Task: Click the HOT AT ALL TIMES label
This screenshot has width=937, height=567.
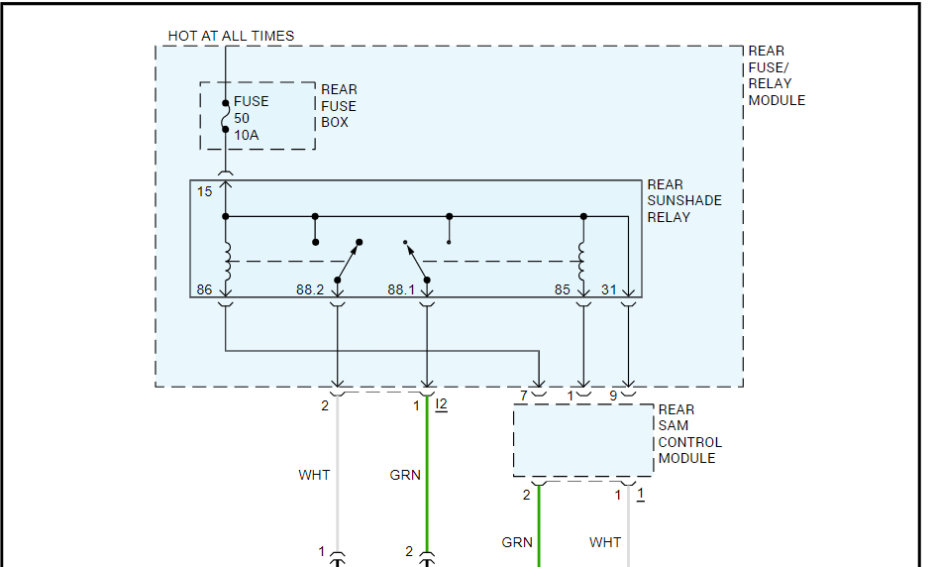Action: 231,36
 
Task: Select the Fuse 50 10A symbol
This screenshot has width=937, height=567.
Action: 226,116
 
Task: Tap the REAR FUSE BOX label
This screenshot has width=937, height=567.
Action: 339,106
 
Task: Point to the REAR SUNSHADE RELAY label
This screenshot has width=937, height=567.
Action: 684,200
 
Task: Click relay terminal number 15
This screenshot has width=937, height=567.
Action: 204,191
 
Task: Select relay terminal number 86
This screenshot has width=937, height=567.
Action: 204,290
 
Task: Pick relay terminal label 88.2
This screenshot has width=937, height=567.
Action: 309,290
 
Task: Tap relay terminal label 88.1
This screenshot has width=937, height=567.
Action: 400,290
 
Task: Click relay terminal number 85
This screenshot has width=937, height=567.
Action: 562,290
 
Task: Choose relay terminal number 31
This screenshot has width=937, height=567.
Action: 608,290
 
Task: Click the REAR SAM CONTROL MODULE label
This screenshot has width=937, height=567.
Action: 689,434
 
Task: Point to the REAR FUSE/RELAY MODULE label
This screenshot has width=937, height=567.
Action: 777,75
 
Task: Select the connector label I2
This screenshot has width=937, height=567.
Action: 441,404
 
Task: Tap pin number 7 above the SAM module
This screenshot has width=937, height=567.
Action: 523,397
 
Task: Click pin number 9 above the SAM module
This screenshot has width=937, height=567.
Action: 613,397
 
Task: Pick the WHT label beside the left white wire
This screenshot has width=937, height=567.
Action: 314,475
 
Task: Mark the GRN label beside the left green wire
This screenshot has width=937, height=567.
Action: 405,475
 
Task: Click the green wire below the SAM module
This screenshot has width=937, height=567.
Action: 540,525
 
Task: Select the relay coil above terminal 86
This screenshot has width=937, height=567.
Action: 226,260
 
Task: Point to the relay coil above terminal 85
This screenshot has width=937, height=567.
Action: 583,260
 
